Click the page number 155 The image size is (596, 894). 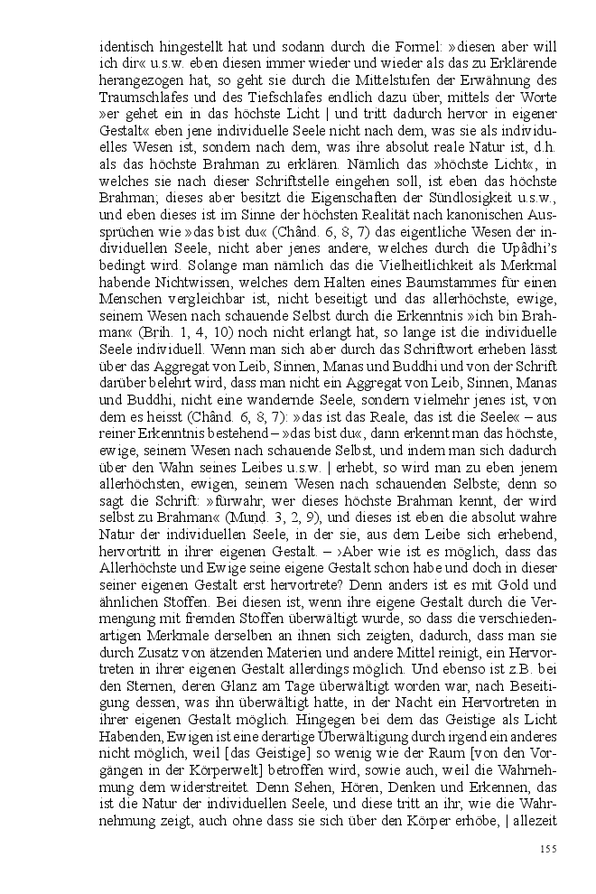pos(547,847)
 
